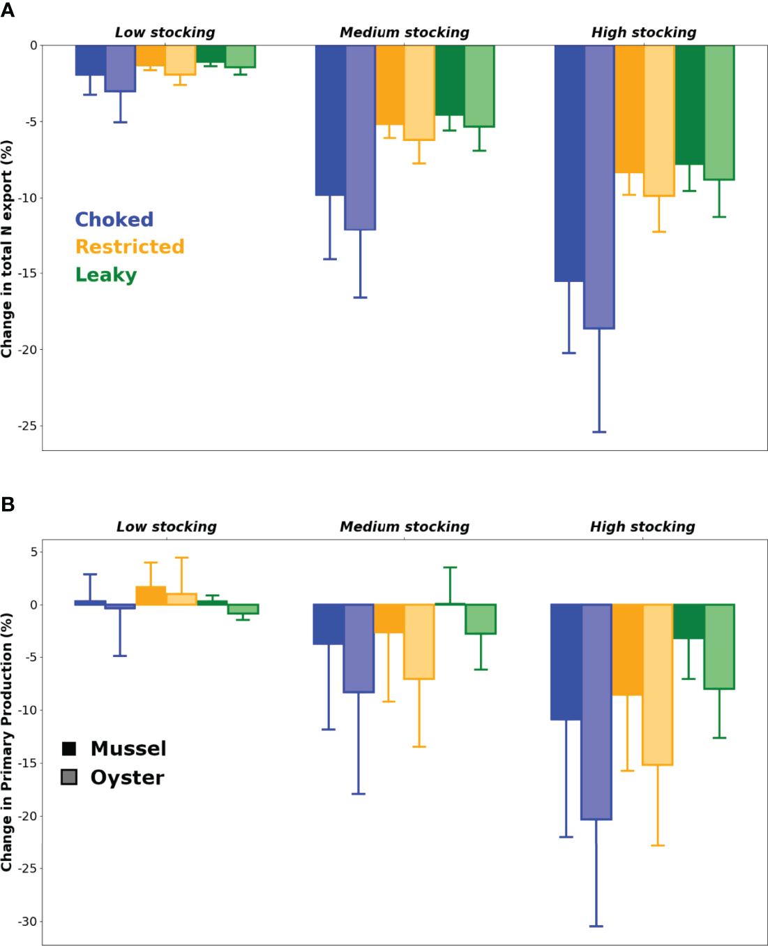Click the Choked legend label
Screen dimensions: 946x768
click(114, 219)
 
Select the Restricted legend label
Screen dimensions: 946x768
click(130, 246)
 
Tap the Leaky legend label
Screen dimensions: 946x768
click(106, 274)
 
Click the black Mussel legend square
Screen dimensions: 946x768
click(69, 748)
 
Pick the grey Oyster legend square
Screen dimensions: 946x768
click(69, 777)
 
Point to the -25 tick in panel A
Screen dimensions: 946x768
click(28, 425)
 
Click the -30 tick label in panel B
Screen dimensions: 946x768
click(28, 921)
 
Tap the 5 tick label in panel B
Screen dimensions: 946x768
click(33, 552)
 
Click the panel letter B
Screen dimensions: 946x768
click(8, 504)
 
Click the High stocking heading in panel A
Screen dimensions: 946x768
click(643, 32)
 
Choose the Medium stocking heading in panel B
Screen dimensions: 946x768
click(405, 526)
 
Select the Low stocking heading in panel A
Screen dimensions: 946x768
click(165, 32)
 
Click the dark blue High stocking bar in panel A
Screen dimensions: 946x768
click(569, 163)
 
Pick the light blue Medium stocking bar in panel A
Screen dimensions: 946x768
click(360, 137)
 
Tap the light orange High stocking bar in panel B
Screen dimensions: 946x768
click(658, 684)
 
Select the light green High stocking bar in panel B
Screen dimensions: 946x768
click(719, 646)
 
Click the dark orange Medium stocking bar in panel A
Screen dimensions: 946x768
click(390, 85)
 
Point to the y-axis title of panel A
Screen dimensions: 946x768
click(7, 249)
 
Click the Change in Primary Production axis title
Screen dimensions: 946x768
click(7, 741)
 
